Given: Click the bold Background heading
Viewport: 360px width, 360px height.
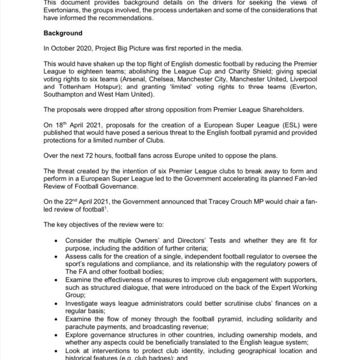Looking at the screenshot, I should pos(63,33).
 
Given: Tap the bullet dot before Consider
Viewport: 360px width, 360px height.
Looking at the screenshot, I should pos(55,240).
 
